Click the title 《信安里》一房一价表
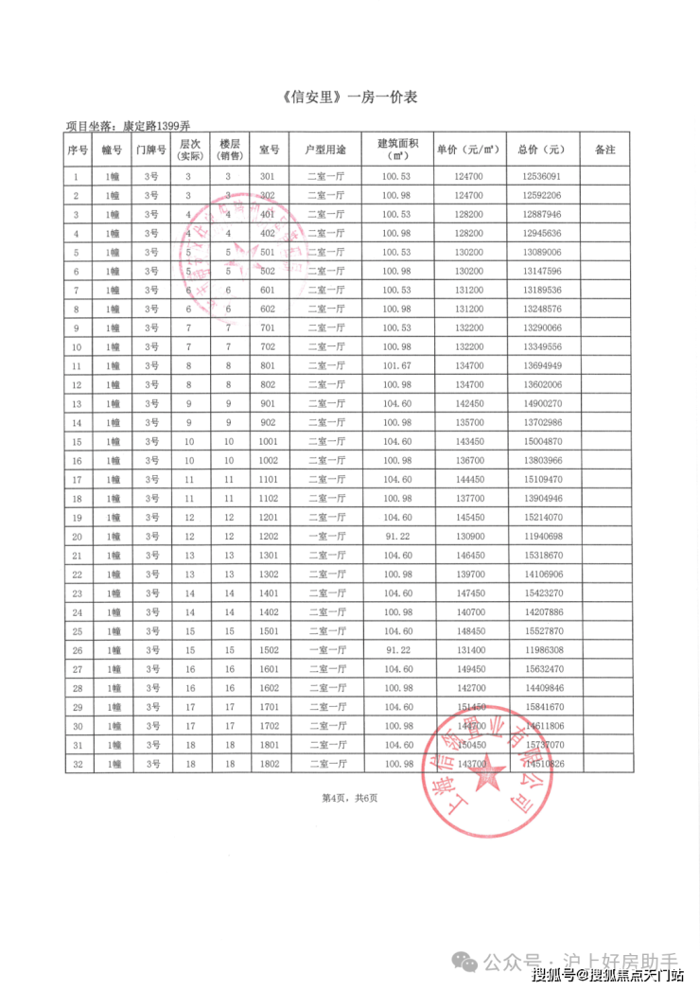pyautogui.click(x=350, y=97)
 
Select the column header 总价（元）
pyautogui.click(x=540, y=150)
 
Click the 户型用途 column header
pyautogui.click(x=326, y=150)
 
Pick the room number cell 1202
pyautogui.click(x=268, y=537)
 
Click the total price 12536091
pyautogui.click(x=540, y=177)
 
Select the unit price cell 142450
pyautogui.click(x=469, y=404)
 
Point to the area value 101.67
pyautogui.click(x=396, y=366)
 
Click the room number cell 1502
pyautogui.click(x=268, y=650)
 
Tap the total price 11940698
pyautogui.click(x=540, y=537)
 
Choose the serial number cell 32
pyautogui.click(x=78, y=764)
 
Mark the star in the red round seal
pyautogui.click(x=489, y=775)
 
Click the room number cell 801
pyautogui.click(x=268, y=366)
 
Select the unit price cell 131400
pyautogui.click(x=469, y=650)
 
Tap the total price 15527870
pyautogui.click(x=540, y=631)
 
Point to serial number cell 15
pyautogui.click(x=78, y=442)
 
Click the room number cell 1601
pyautogui.click(x=268, y=669)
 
